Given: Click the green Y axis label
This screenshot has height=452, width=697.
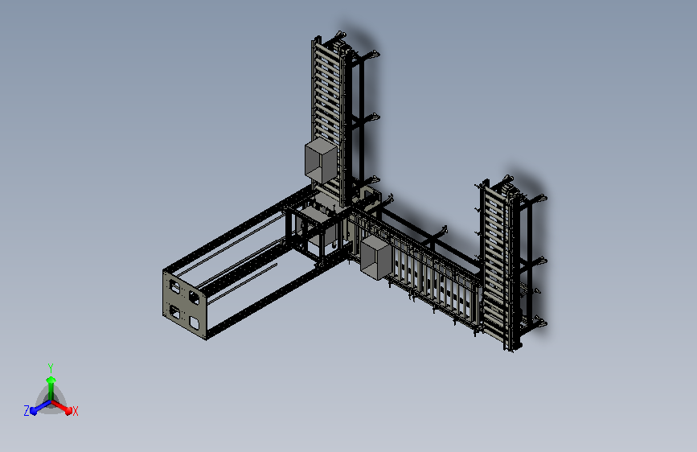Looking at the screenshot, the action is (x=51, y=368).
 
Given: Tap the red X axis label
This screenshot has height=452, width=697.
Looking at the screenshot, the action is (x=75, y=411).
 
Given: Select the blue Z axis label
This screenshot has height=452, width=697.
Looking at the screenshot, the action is (x=27, y=411).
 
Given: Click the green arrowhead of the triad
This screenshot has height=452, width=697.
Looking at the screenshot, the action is (x=51, y=380).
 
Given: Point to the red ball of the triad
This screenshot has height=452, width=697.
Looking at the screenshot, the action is (x=68, y=410).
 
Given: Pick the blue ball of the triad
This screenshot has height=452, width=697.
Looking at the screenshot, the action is (x=34, y=411).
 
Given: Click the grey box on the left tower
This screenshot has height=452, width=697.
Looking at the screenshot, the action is (x=321, y=161).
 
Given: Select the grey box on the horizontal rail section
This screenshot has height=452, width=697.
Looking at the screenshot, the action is (x=376, y=257).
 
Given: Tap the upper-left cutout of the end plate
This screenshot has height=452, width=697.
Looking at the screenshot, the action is (x=174, y=287).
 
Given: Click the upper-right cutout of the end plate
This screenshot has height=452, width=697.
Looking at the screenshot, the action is (x=194, y=298).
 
